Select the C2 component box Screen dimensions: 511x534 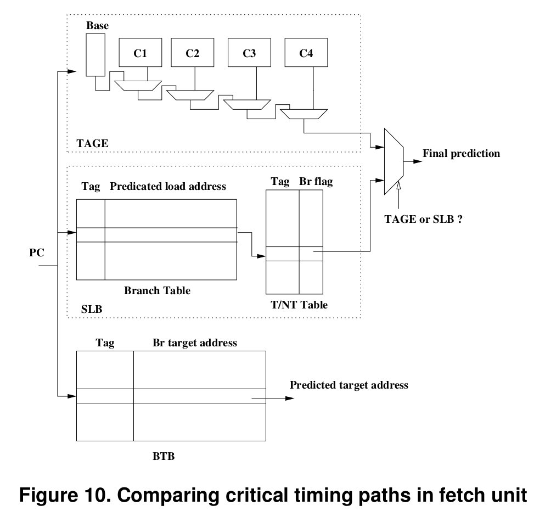[192, 53]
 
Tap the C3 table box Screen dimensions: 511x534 [249, 53]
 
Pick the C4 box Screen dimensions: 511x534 [306, 53]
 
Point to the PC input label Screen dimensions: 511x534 [36, 254]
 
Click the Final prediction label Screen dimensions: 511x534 [461, 154]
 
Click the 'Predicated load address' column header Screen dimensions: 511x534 [168, 187]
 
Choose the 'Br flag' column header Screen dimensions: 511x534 [316, 182]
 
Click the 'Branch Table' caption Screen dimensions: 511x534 [157, 291]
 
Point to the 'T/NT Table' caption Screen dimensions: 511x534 [299, 305]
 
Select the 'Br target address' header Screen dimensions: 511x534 [195, 343]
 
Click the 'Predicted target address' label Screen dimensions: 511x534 [349, 385]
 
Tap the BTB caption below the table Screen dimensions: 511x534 [163, 457]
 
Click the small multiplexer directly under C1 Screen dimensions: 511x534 [138, 85]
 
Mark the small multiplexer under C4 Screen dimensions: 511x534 [303, 114]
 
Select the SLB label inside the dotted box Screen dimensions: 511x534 [91, 310]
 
